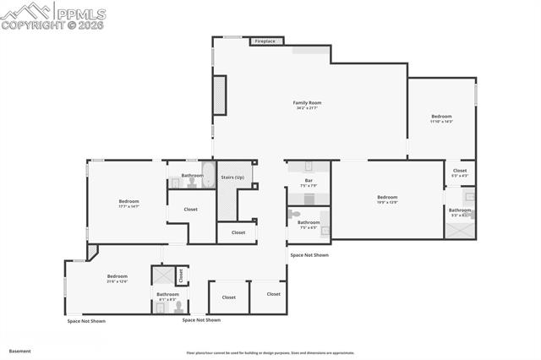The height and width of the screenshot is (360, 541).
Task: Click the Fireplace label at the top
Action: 265,41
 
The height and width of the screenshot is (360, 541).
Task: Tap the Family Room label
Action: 308,105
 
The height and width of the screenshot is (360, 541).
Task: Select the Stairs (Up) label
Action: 232,177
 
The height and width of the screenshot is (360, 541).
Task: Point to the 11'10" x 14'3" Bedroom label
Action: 441,119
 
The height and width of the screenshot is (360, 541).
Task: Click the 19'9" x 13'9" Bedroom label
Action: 387,199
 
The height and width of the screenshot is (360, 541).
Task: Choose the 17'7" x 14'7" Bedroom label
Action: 128,203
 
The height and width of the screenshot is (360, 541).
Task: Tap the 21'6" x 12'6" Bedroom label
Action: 117,278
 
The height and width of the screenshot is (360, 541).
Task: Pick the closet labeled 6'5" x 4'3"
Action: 460,172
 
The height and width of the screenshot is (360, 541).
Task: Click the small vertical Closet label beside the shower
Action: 180,275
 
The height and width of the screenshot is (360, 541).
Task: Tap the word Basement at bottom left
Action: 21,350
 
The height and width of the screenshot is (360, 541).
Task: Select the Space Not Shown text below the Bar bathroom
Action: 309,254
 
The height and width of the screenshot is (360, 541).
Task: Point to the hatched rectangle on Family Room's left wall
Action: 219,95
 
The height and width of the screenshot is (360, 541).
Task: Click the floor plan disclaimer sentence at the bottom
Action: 270,352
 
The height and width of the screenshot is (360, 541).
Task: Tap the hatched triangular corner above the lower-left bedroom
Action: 91,252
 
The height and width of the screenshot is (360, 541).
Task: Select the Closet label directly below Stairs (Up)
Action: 238,232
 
